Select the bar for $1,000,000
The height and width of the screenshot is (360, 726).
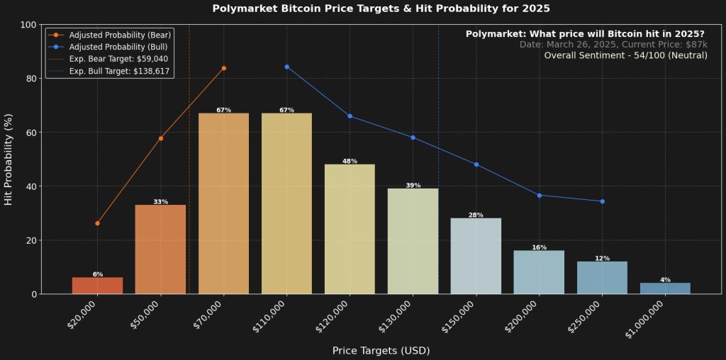click(x=665, y=288)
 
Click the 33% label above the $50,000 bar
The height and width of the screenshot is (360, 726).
click(x=161, y=202)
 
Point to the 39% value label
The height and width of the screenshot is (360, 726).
click(x=413, y=186)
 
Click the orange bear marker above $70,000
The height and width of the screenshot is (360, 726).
click(x=224, y=68)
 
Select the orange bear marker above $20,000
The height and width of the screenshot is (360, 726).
click(x=97, y=223)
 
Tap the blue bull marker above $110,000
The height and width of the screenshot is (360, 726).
click(x=286, y=67)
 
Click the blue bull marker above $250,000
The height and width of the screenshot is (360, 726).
click(x=602, y=201)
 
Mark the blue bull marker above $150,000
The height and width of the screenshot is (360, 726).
click(x=476, y=164)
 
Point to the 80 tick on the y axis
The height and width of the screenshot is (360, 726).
click(x=31, y=79)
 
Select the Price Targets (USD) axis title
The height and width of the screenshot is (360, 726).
click(x=381, y=350)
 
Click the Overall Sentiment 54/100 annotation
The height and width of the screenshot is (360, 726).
click(x=625, y=55)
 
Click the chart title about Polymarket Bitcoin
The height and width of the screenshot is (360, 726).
click(x=381, y=9)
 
